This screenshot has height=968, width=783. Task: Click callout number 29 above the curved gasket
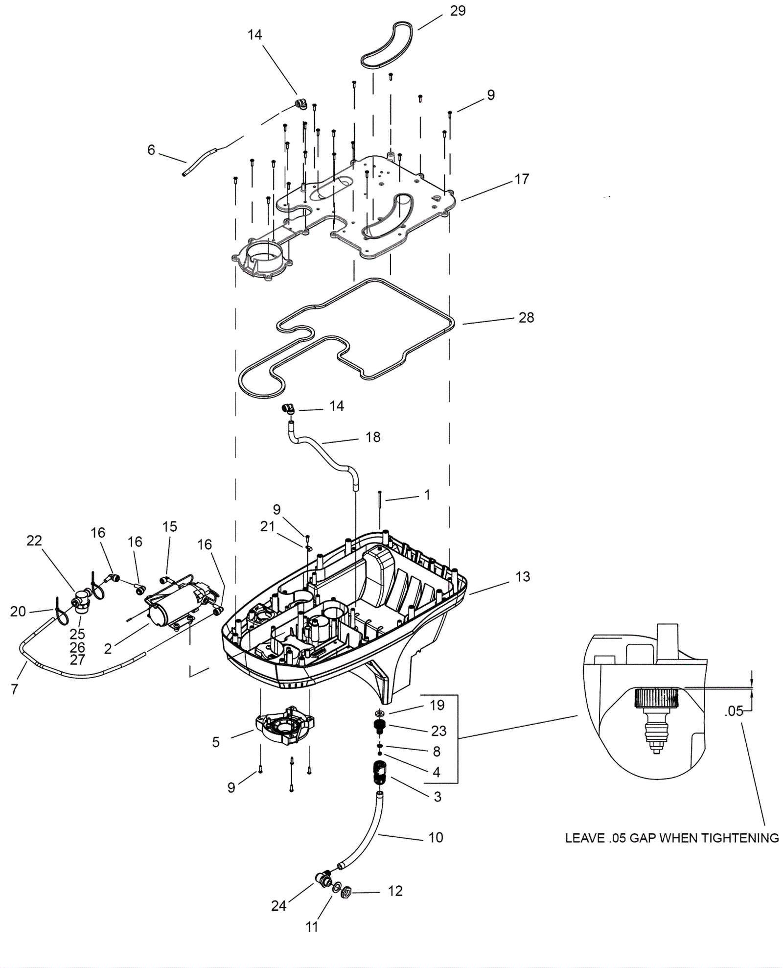pyautogui.click(x=458, y=11)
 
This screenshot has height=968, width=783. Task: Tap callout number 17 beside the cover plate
pyautogui.click(x=522, y=179)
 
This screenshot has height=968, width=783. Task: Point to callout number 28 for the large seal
pyautogui.click(x=526, y=318)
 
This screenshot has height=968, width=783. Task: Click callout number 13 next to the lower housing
pyautogui.click(x=523, y=576)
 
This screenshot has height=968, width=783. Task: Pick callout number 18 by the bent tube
pyautogui.click(x=373, y=437)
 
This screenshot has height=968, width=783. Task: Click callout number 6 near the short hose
pyautogui.click(x=151, y=150)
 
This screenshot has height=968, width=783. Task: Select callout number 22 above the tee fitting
pyautogui.click(x=34, y=541)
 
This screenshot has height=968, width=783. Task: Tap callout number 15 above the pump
pyautogui.click(x=169, y=527)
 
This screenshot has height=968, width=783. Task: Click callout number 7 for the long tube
pyautogui.click(x=14, y=689)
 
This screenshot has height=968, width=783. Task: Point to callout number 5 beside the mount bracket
pyautogui.click(x=216, y=742)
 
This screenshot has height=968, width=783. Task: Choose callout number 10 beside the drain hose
pyautogui.click(x=436, y=838)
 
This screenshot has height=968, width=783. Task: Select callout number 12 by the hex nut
pyautogui.click(x=395, y=891)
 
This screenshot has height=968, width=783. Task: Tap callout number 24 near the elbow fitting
pyautogui.click(x=278, y=906)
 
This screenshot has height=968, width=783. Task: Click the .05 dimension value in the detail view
pyautogui.click(x=734, y=711)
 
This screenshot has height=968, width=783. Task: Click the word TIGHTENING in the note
pyautogui.click(x=740, y=838)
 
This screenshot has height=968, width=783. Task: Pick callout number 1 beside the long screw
pyautogui.click(x=427, y=495)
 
